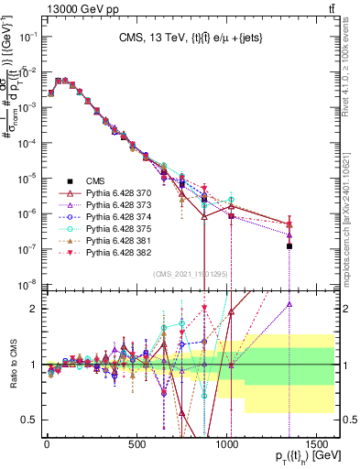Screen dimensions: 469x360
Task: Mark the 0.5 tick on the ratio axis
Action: (30, 420)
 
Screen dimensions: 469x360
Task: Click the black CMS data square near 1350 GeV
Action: (289, 245)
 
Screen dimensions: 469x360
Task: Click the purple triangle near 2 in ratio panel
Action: (289, 305)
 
